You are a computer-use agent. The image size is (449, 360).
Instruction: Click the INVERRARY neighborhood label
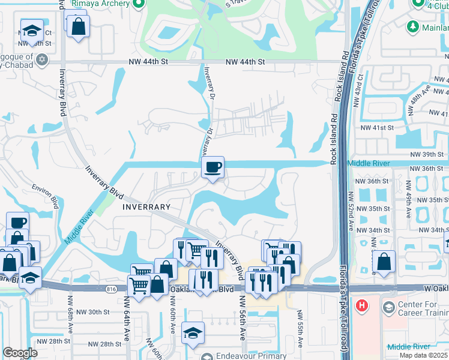coord(146,206)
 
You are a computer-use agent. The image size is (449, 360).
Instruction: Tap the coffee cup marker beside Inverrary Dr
coord(212,168)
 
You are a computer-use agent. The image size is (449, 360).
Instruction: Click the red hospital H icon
coord(361,305)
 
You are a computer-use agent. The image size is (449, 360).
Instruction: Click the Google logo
coord(20,353)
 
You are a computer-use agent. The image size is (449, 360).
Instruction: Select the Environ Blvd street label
coord(47,196)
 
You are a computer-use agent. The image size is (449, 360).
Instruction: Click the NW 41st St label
coord(376,128)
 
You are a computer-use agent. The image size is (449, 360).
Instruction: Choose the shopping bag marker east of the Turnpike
coord(384,262)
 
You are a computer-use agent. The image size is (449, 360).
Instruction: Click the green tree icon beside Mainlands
coord(412,26)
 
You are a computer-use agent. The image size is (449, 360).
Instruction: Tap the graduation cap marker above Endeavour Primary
coord(193,333)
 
